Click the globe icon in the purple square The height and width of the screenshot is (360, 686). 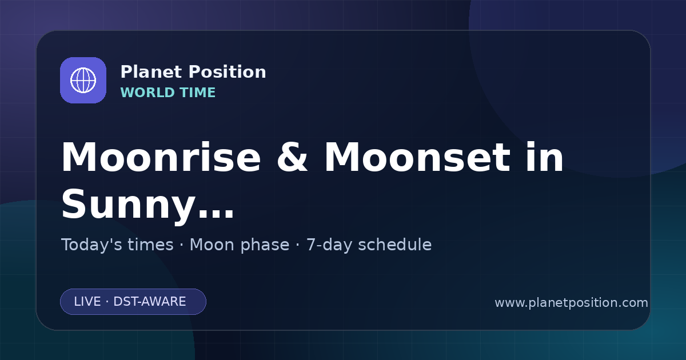click(x=83, y=80)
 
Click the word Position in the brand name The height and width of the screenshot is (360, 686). click(x=228, y=72)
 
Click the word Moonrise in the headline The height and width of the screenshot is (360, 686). click(x=161, y=158)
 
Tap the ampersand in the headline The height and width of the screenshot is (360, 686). click(x=292, y=158)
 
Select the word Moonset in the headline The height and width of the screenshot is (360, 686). click(x=417, y=158)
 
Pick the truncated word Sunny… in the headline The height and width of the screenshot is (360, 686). click(x=148, y=206)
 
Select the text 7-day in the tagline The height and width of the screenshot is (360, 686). click(x=329, y=246)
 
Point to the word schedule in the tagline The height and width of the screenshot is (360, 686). click(x=395, y=245)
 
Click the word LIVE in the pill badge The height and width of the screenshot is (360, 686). click(x=87, y=302)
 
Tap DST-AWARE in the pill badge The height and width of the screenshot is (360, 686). click(x=150, y=302)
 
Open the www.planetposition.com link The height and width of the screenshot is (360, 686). click(x=572, y=303)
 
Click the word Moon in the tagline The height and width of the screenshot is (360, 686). click(x=212, y=245)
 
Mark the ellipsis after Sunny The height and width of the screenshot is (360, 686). click(x=216, y=214)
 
